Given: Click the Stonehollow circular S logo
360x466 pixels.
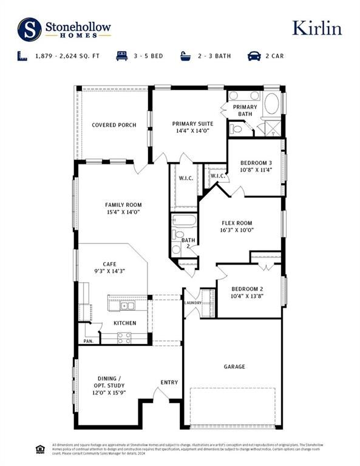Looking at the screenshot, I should [29, 28].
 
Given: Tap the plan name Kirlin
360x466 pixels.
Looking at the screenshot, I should [316, 28].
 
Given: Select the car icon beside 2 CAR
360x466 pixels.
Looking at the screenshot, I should [254, 56].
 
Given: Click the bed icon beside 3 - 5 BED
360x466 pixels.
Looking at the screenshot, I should [120, 56].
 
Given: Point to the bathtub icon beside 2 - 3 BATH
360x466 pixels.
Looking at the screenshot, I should [186, 56].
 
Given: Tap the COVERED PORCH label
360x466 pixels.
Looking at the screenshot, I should [114, 126].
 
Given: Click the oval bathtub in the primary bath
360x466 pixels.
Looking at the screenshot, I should [271, 103].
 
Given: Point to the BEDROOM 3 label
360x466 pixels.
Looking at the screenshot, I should [256, 163].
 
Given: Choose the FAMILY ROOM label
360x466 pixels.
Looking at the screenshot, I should [123, 205].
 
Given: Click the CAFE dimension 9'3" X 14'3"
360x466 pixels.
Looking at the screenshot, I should [109, 271].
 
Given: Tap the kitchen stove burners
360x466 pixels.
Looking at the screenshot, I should [124, 337].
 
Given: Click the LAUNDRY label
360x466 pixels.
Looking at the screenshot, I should [193, 303].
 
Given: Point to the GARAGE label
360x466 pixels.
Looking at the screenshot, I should [234, 366].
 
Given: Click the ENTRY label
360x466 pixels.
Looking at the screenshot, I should [169, 382].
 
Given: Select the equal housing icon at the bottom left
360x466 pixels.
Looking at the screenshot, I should [40, 449].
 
